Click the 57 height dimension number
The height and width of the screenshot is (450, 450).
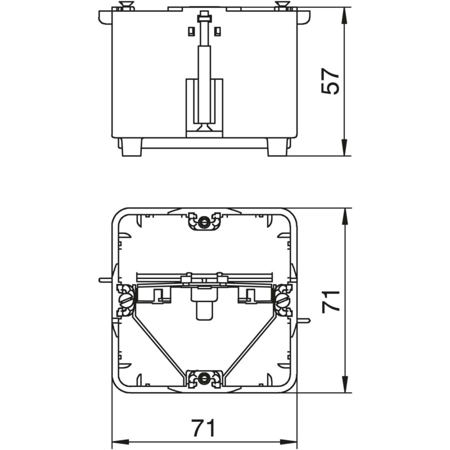click(330, 81)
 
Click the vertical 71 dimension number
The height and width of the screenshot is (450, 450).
click(331, 301)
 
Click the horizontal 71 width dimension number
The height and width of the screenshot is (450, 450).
click(203, 428)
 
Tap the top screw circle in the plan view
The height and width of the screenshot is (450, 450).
click(204, 222)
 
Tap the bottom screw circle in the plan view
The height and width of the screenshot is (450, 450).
click(204, 378)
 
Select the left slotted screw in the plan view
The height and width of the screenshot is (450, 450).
click(125, 300)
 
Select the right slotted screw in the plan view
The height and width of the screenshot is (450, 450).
click(282, 300)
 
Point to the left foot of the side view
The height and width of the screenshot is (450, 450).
click(132, 147)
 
